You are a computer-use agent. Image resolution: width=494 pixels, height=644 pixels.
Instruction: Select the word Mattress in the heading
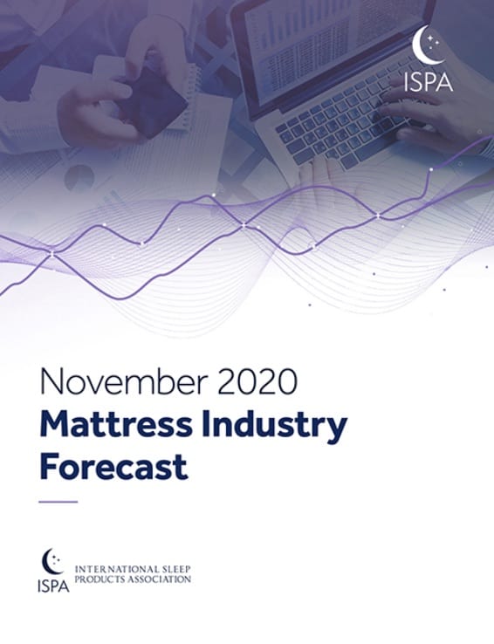pos(116,425)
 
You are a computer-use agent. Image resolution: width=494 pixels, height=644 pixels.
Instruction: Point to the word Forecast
pos(113,467)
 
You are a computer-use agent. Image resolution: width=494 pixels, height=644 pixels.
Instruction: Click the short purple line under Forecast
pos(58,502)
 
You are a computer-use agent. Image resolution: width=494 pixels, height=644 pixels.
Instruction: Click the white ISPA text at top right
pos(428,82)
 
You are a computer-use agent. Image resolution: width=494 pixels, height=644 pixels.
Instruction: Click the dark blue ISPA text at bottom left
pos(53,586)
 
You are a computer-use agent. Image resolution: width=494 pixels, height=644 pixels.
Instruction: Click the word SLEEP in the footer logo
pos(175,570)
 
